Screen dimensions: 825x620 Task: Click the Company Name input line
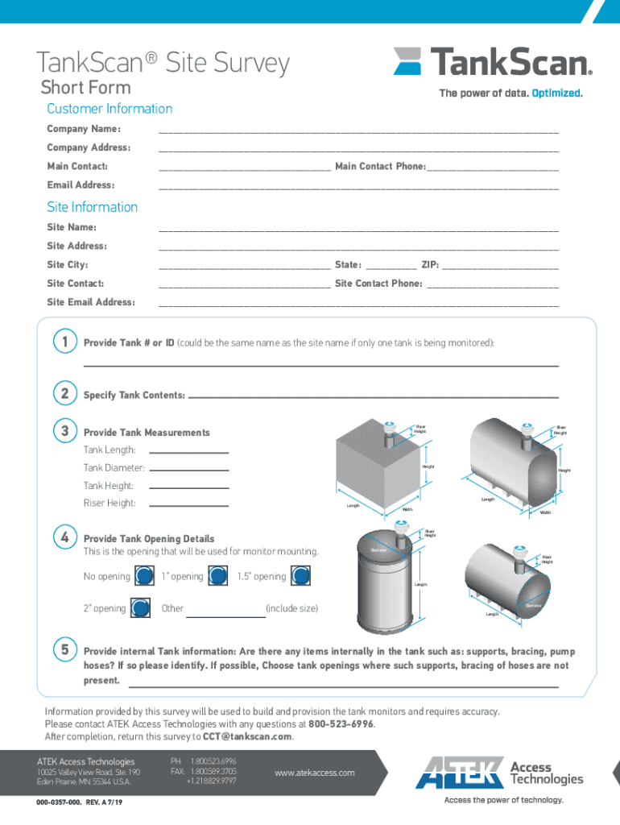(358, 129)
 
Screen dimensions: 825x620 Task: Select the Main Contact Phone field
(492, 167)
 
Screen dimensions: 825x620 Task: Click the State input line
(390, 265)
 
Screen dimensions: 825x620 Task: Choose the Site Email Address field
(358, 303)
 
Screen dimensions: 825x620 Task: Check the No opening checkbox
(144, 576)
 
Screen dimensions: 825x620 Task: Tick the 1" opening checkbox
(217, 576)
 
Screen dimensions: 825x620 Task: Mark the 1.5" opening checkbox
(300, 576)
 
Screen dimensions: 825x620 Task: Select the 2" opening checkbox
(139, 608)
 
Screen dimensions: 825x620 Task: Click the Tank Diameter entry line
(189, 468)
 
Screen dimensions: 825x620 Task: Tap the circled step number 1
(64, 342)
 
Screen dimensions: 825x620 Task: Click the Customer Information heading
(110, 109)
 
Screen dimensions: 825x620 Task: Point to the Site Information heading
(93, 207)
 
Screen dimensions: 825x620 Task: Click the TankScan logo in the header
(493, 62)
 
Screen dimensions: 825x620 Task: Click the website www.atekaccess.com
(314, 773)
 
